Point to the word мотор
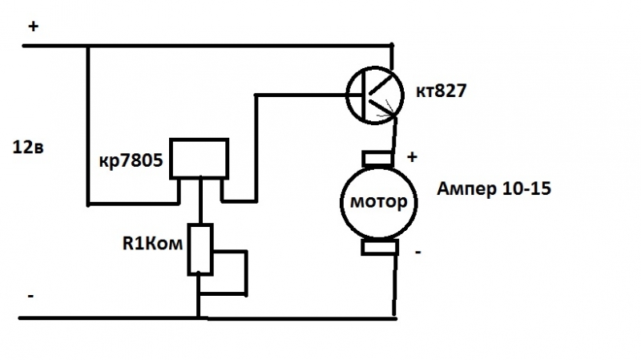379,200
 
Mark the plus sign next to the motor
412,157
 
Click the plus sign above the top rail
34,26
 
